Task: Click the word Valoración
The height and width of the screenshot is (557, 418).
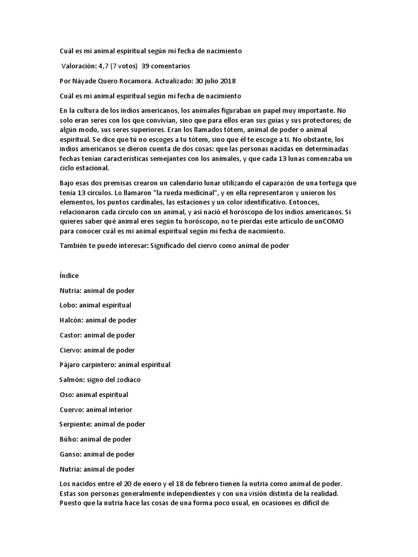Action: [x=79, y=66]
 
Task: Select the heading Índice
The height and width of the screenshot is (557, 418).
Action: [x=69, y=276]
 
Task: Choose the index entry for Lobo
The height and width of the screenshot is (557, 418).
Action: [x=95, y=305]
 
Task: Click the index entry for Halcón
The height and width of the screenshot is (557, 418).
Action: [x=97, y=320]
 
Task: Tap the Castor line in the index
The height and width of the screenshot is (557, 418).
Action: [x=97, y=335]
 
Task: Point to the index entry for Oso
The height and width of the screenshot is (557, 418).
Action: [x=94, y=394]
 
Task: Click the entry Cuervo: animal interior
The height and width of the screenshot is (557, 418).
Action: [x=95, y=409]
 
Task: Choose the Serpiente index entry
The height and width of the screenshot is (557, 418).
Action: [x=102, y=424]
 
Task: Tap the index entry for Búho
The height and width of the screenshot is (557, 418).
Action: [x=95, y=439]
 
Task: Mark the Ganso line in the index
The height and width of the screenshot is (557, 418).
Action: [x=97, y=454]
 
